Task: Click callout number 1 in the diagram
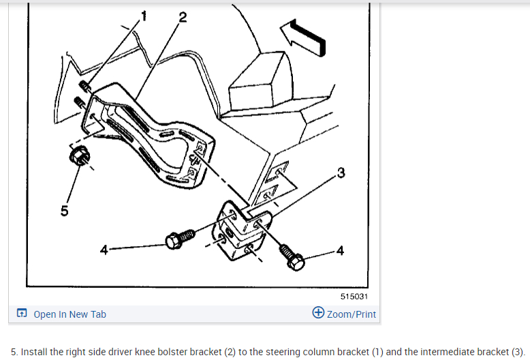144,16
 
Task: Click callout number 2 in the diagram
183,17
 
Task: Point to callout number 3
341,172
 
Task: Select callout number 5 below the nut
64,211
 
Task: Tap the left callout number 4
104,250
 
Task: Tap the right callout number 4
340,251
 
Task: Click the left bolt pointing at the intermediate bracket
181,239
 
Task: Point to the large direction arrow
303,37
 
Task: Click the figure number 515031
354,297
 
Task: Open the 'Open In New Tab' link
69,314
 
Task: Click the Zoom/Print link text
352,314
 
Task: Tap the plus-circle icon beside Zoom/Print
318,313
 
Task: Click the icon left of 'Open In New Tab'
22,313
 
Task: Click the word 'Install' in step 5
34,352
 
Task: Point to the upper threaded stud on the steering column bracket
85,87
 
